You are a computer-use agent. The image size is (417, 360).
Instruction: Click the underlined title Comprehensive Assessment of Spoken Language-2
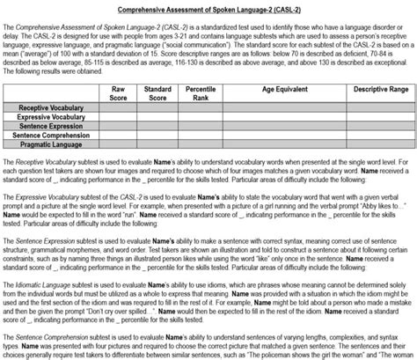coord(208,8)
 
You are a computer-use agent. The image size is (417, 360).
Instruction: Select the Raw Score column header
coord(120,92)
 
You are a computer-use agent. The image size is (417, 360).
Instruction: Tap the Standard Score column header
coord(158,92)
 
